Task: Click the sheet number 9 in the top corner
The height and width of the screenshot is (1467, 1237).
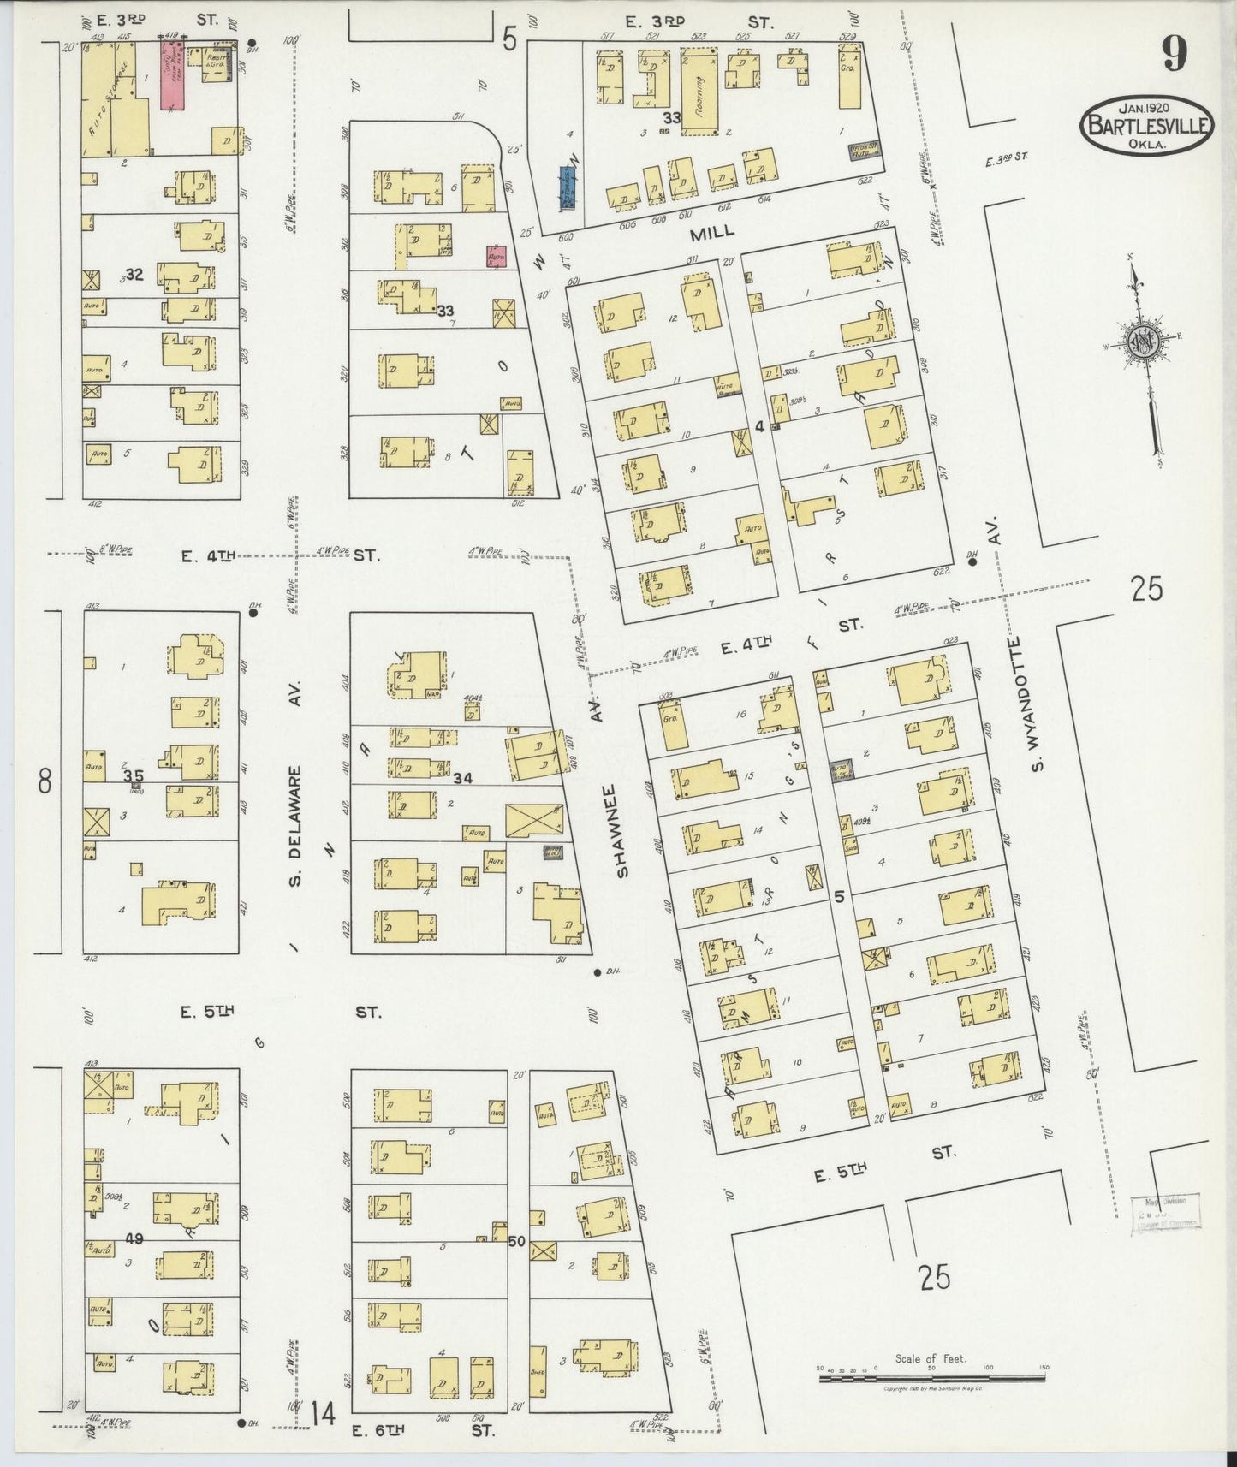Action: tap(1175, 56)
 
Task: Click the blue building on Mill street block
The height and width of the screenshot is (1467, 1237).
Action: tap(567, 187)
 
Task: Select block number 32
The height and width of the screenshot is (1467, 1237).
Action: tap(134, 275)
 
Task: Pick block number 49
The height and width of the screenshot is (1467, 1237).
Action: tap(134, 1238)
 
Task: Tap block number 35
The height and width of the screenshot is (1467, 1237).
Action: tap(134, 776)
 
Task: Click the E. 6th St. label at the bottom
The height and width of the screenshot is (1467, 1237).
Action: tap(424, 1428)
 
